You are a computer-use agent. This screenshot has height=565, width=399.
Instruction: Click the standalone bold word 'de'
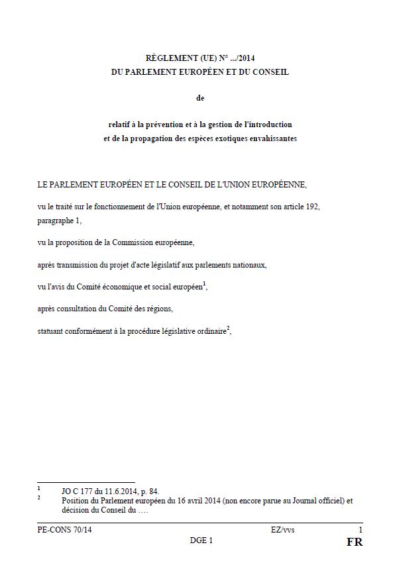point(201,98)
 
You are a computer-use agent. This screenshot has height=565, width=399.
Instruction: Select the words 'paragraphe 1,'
point(60,221)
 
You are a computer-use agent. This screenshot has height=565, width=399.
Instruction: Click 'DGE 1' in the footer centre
point(201,540)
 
